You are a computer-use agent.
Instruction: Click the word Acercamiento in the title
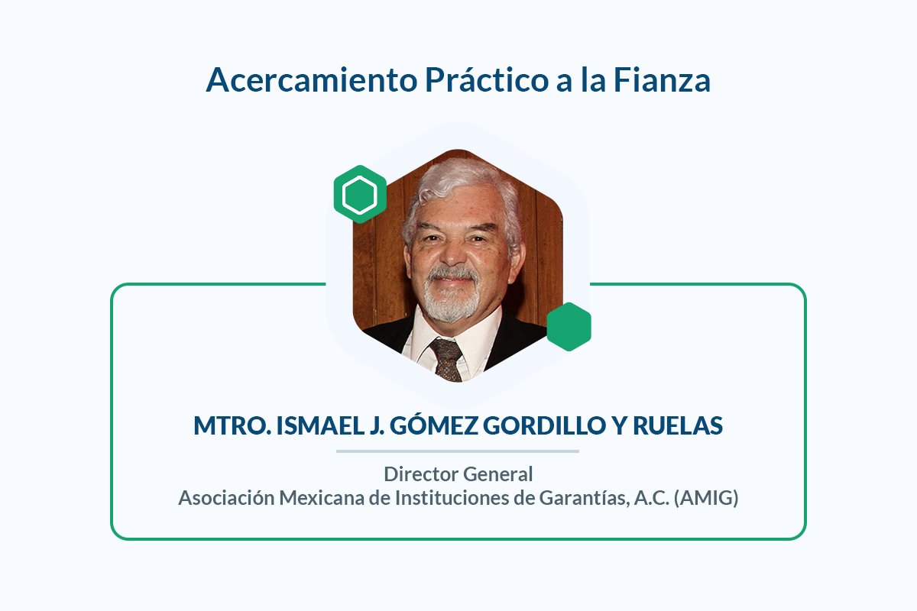click(x=312, y=79)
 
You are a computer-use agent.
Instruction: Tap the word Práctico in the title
click(x=487, y=79)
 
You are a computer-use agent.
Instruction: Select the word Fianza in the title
click(x=662, y=79)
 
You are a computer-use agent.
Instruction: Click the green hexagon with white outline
click(x=360, y=195)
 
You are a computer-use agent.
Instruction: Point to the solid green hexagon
click(x=569, y=327)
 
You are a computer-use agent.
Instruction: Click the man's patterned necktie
click(x=447, y=359)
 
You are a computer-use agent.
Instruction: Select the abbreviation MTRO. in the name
click(x=232, y=425)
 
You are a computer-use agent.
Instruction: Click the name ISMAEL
click(x=320, y=425)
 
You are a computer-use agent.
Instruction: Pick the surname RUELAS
click(x=678, y=425)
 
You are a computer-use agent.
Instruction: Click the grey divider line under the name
click(x=458, y=451)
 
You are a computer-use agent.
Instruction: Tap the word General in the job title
click(x=497, y=474)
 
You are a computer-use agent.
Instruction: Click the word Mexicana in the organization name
click(x=322, y=498)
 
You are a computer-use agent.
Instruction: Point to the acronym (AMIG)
click(x=706, y=499)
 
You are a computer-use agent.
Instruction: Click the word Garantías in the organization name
click(x=585, y=499)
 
